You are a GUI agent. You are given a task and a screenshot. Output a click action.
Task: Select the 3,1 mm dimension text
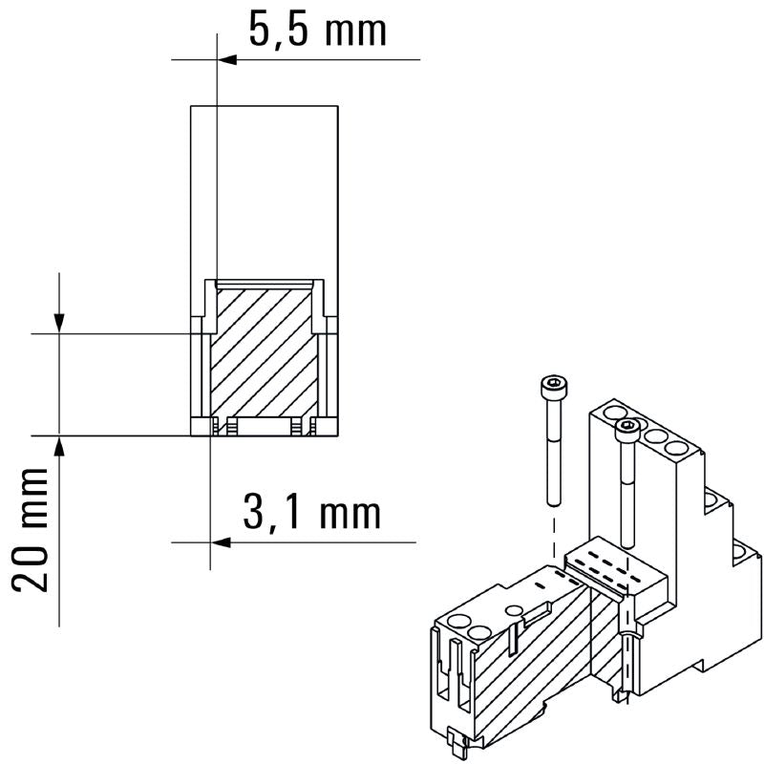311,513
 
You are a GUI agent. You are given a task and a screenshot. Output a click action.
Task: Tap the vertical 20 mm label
35,530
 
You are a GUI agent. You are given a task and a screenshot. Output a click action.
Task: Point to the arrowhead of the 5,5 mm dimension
226,60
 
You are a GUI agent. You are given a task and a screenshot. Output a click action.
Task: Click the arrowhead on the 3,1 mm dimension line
218,542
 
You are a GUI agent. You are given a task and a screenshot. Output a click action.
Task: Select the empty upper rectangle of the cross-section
265,191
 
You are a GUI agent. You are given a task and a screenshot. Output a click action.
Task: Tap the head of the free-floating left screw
553,386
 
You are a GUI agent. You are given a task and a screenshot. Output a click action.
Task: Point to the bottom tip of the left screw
553,502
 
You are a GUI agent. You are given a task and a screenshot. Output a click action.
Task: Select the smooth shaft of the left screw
553,454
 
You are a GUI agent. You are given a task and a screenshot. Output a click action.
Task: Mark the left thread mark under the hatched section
229,427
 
